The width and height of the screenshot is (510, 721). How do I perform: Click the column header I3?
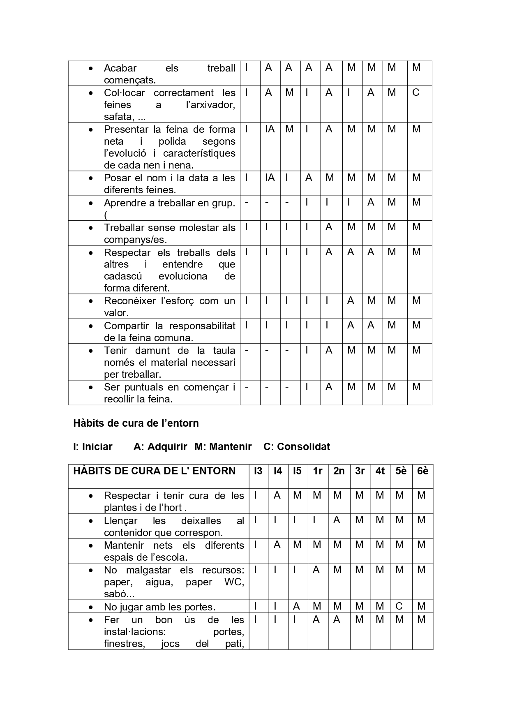[258, 471]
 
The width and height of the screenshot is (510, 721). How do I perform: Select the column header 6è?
[422, 471]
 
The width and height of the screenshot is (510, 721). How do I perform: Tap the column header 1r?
[317, 471]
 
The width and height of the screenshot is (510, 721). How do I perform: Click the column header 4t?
[380, 471]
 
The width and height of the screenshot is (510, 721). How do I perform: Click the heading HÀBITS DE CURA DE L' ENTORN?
[155, 471]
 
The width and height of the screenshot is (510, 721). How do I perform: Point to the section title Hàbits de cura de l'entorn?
[136, 423]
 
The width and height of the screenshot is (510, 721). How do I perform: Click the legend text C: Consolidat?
[297, 447]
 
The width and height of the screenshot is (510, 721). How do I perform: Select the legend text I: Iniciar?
[93, 447]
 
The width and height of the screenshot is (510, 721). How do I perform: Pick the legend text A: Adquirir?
[160, 447]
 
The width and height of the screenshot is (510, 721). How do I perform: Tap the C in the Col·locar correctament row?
[416, 92]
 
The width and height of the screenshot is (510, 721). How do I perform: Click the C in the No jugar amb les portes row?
[399, 606]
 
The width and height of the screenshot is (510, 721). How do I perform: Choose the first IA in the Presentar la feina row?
[270, 129]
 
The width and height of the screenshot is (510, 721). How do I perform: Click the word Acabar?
[120, 68]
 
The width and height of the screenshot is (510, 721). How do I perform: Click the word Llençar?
[120, 521]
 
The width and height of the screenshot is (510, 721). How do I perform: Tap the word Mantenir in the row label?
[124, 545]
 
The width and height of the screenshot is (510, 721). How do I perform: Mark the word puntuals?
[144, 387]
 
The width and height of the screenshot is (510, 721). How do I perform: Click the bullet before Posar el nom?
[91, 178]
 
